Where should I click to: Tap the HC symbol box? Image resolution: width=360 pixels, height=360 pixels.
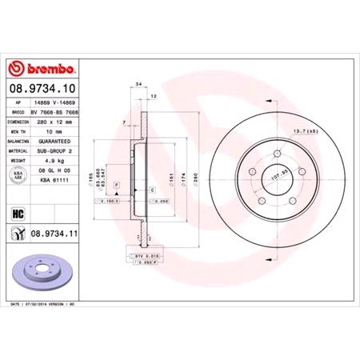[x=16, y=213]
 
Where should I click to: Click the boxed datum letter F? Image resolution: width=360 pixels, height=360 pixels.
[x=117, y=186]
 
